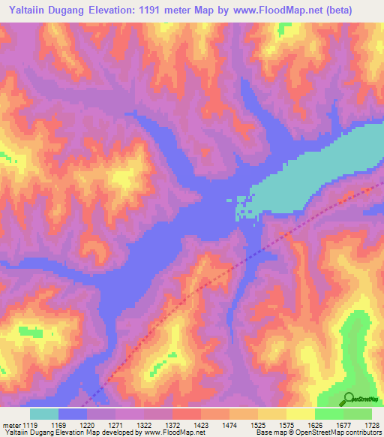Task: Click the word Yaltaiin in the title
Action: coord(27,10)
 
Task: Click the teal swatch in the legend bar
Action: coord(44,414)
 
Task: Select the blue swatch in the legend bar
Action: coord(73,414)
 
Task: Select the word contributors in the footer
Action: coord(364,433)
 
